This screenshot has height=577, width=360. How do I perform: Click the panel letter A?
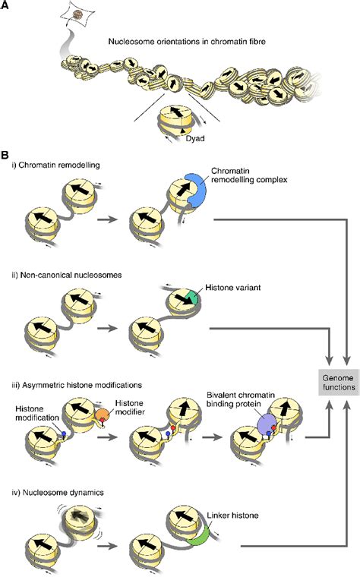pos(6,6)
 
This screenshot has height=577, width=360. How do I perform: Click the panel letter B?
pos(6,154)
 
